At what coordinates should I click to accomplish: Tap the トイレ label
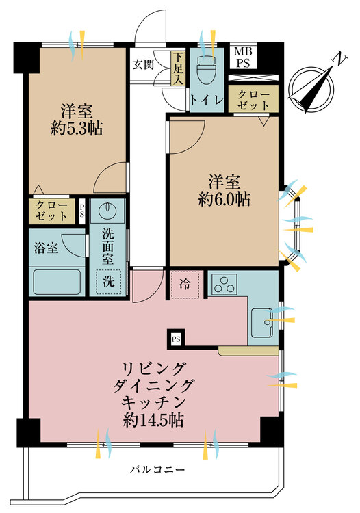[x=207, y=100]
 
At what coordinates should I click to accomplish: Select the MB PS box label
[x=244, y=57]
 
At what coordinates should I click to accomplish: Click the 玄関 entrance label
[x=143, y=65]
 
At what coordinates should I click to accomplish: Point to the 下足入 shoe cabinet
[x=178, y=69]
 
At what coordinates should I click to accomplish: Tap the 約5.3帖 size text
[x=77, y=129]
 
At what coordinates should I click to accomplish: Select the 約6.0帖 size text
[x=224, y=199]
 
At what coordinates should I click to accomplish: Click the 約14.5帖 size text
[x=153, y=421]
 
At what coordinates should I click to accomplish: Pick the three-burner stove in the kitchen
[x=224, y=285]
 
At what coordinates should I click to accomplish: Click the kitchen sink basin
[x=262, y=323]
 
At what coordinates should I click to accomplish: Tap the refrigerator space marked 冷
[x=185, y=285]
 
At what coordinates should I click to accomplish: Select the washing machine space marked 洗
[x=108, y=281]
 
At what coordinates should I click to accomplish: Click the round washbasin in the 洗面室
[x=107, y=209]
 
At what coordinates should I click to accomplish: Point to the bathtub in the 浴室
[x=57, y=281]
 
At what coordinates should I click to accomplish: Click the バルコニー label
[x=157, y=470]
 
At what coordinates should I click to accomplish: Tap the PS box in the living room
[x=176, y=339]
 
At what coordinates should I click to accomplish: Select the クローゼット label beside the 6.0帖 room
[x=254, y=100]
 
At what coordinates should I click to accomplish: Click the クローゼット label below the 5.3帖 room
[x=51, y=211]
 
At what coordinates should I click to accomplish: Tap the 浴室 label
[x=46, y=248]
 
